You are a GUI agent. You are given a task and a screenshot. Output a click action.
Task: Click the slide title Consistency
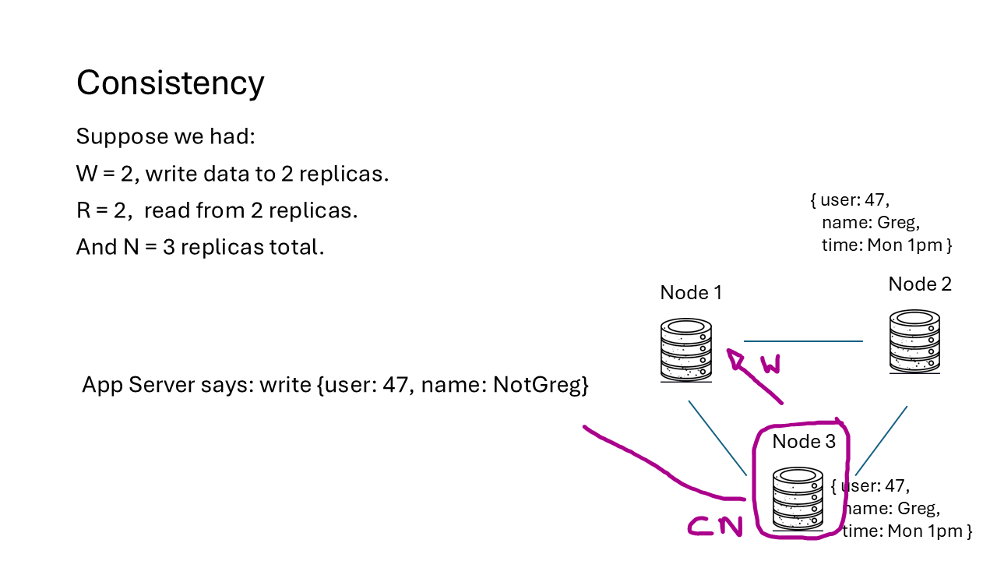(170, 83)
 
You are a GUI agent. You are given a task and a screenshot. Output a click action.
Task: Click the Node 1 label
(691, 292)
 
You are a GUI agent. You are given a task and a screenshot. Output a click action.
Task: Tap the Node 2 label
(920, 284)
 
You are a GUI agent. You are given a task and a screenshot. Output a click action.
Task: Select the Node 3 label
(804, 442)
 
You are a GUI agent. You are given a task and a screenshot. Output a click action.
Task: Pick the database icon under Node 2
(915, 340)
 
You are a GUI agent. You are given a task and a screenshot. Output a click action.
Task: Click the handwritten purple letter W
(770, 364)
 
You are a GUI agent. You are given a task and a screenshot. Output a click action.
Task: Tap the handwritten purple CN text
(715, 527)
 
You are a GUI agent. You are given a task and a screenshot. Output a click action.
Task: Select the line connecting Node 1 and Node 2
(803, 341)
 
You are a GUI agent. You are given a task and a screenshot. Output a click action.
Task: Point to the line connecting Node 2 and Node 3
(881, 440)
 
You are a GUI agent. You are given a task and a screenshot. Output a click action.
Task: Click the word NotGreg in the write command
(540, 385)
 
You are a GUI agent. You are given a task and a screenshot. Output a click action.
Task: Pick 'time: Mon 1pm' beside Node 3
(906, 531)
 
